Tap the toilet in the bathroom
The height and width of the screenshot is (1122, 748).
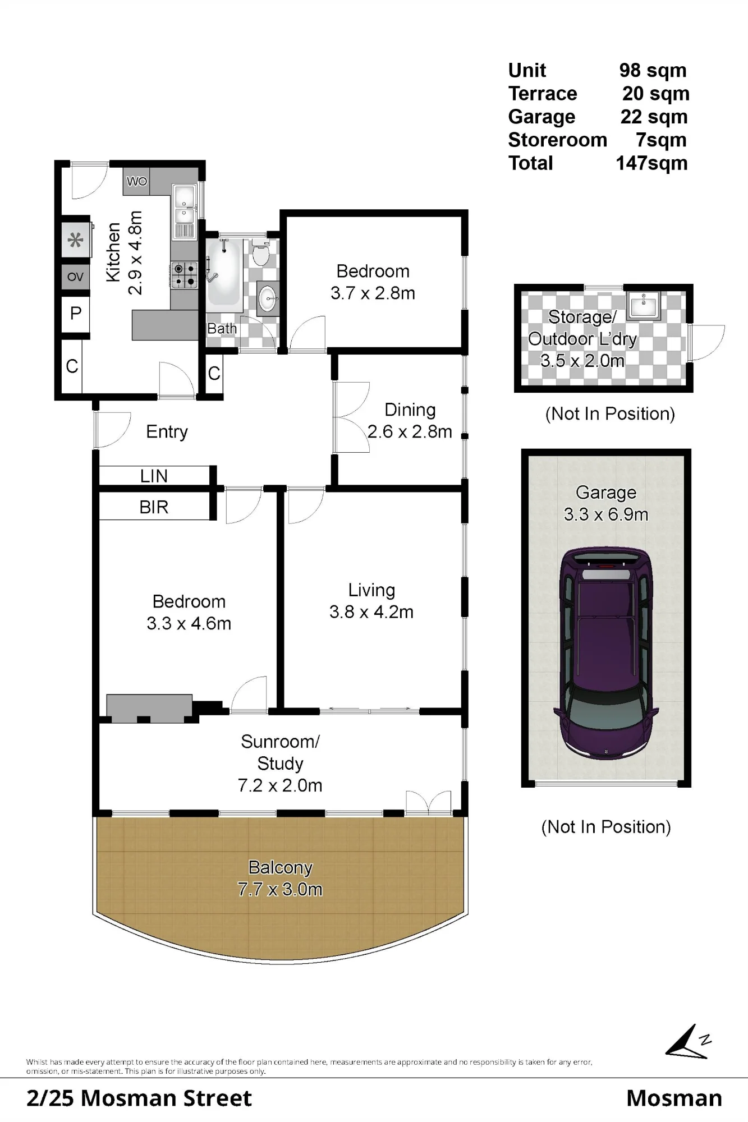260,252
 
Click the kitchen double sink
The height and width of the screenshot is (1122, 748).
184,204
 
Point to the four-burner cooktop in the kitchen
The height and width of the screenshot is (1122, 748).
184,275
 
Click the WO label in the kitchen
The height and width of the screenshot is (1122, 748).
136,181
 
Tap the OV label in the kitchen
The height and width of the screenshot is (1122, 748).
75,277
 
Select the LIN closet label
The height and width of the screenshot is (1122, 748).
154,476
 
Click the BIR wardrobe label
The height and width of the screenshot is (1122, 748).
154,507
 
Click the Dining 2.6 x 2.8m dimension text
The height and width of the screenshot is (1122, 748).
410,431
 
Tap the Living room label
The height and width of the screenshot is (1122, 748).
371,590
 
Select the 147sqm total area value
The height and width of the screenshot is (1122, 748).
651,163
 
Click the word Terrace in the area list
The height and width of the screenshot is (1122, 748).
543,93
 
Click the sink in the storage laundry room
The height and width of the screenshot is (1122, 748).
644,305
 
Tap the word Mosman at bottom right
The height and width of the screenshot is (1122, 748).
674,1098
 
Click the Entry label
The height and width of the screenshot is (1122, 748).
167,432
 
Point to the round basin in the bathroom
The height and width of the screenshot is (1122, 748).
268,298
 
